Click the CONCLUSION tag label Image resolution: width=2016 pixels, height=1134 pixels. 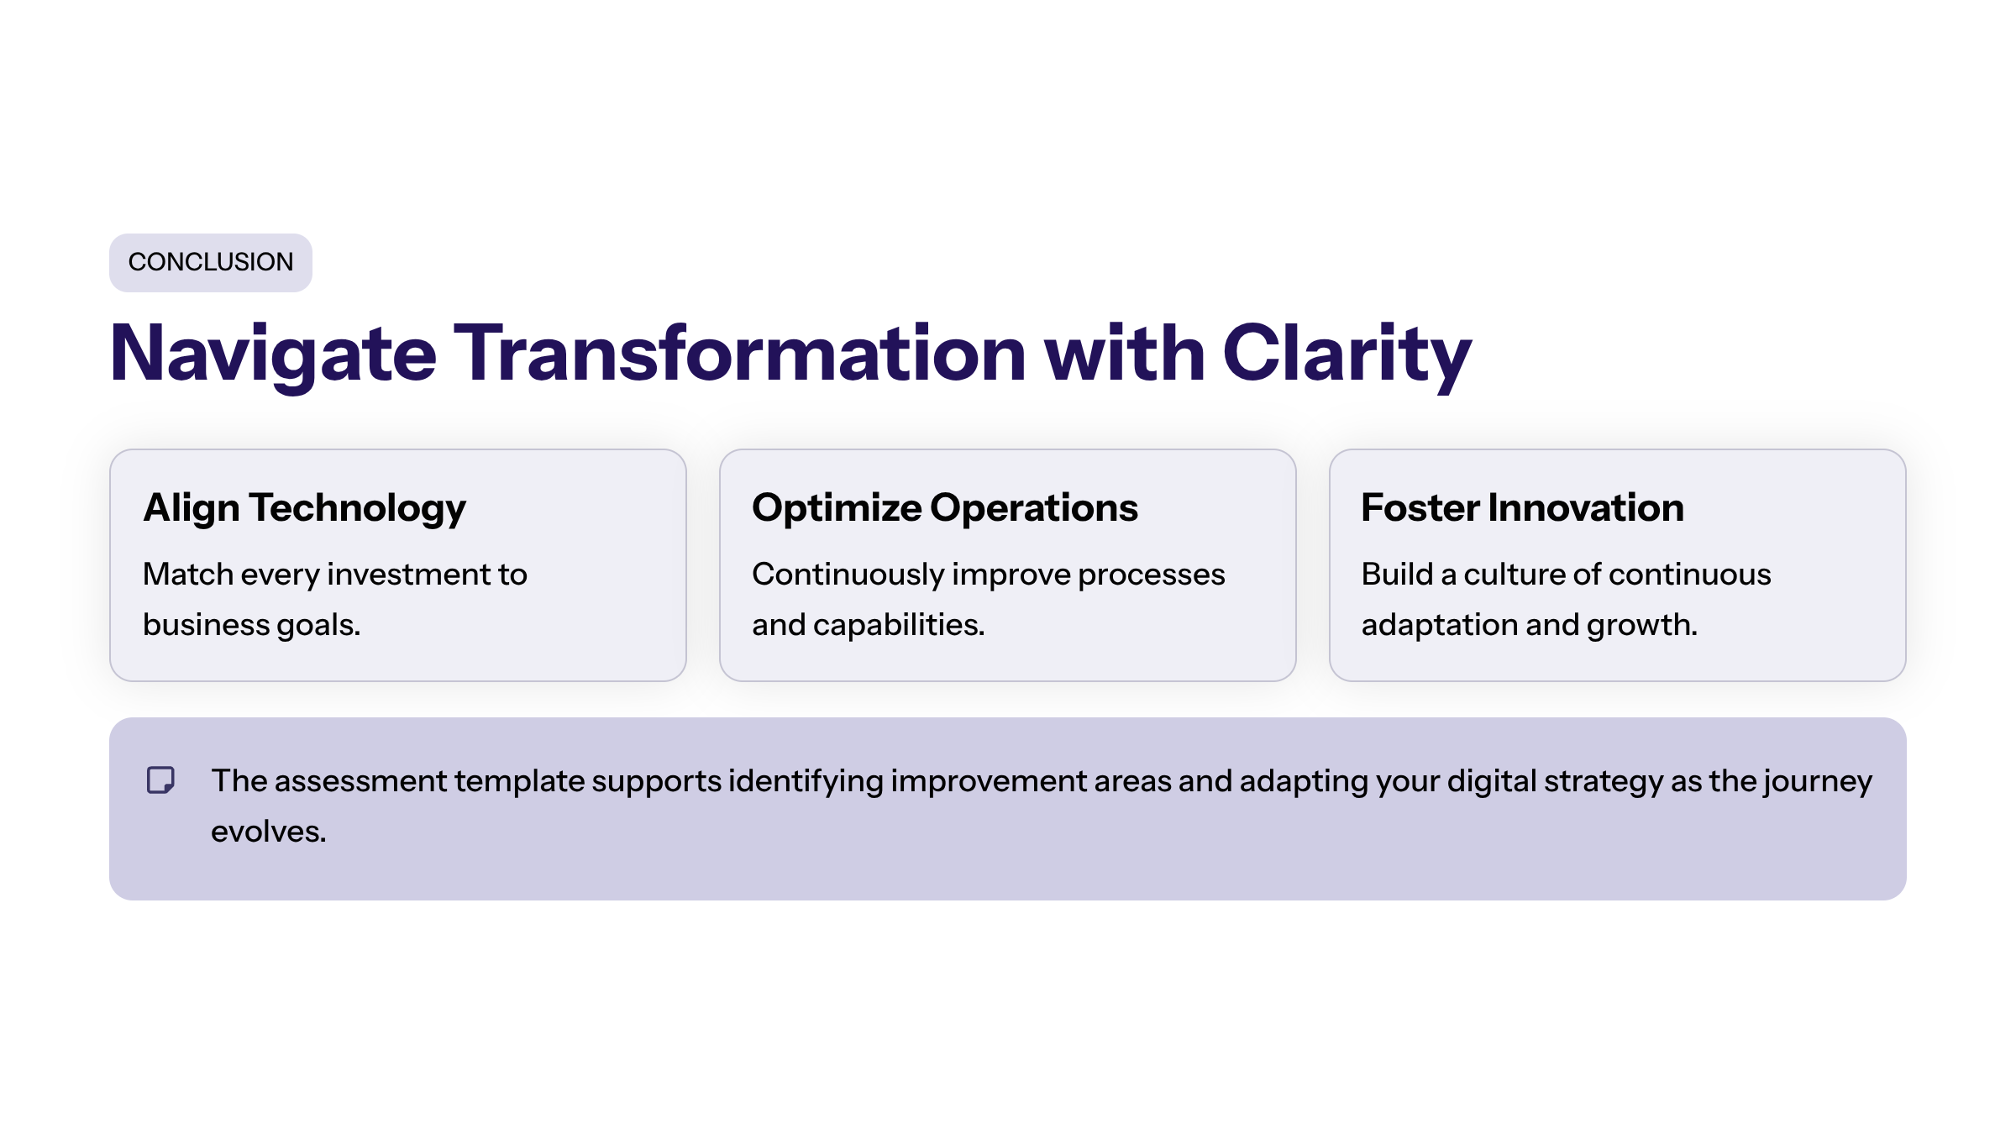[210, 262]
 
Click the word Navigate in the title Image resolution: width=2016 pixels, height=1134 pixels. [273, 354]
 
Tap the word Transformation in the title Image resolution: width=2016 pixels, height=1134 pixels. [739, 354]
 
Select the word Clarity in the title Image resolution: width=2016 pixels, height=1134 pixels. [1346, 354]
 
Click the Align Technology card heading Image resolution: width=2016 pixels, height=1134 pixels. [304, 509]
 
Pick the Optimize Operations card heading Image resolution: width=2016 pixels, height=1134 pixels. [944, 509]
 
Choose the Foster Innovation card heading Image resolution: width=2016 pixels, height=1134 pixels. [1522, 509]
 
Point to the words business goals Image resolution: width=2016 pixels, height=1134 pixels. [251, 626]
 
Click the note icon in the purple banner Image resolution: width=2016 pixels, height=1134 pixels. [160, 780]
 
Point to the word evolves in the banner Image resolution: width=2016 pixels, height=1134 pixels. [268, 832]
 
